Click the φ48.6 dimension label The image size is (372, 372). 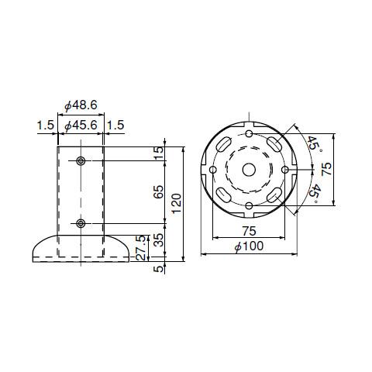point(81,105)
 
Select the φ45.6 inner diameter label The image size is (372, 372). point(81,126)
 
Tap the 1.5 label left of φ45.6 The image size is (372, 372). point(46,126)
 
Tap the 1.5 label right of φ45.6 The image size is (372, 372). point(115,126)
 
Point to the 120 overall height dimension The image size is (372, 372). point(177,204)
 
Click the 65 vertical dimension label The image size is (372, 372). point(159,191)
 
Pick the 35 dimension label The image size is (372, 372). point(159,240)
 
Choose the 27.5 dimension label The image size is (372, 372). point(140,248)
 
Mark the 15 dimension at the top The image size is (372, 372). point(159,153)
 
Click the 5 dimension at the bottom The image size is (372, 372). point(159,269)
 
